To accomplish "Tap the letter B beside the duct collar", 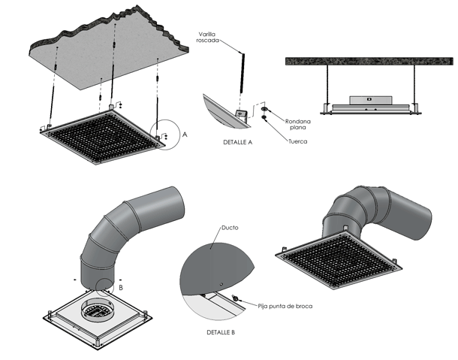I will click(121, 286).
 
